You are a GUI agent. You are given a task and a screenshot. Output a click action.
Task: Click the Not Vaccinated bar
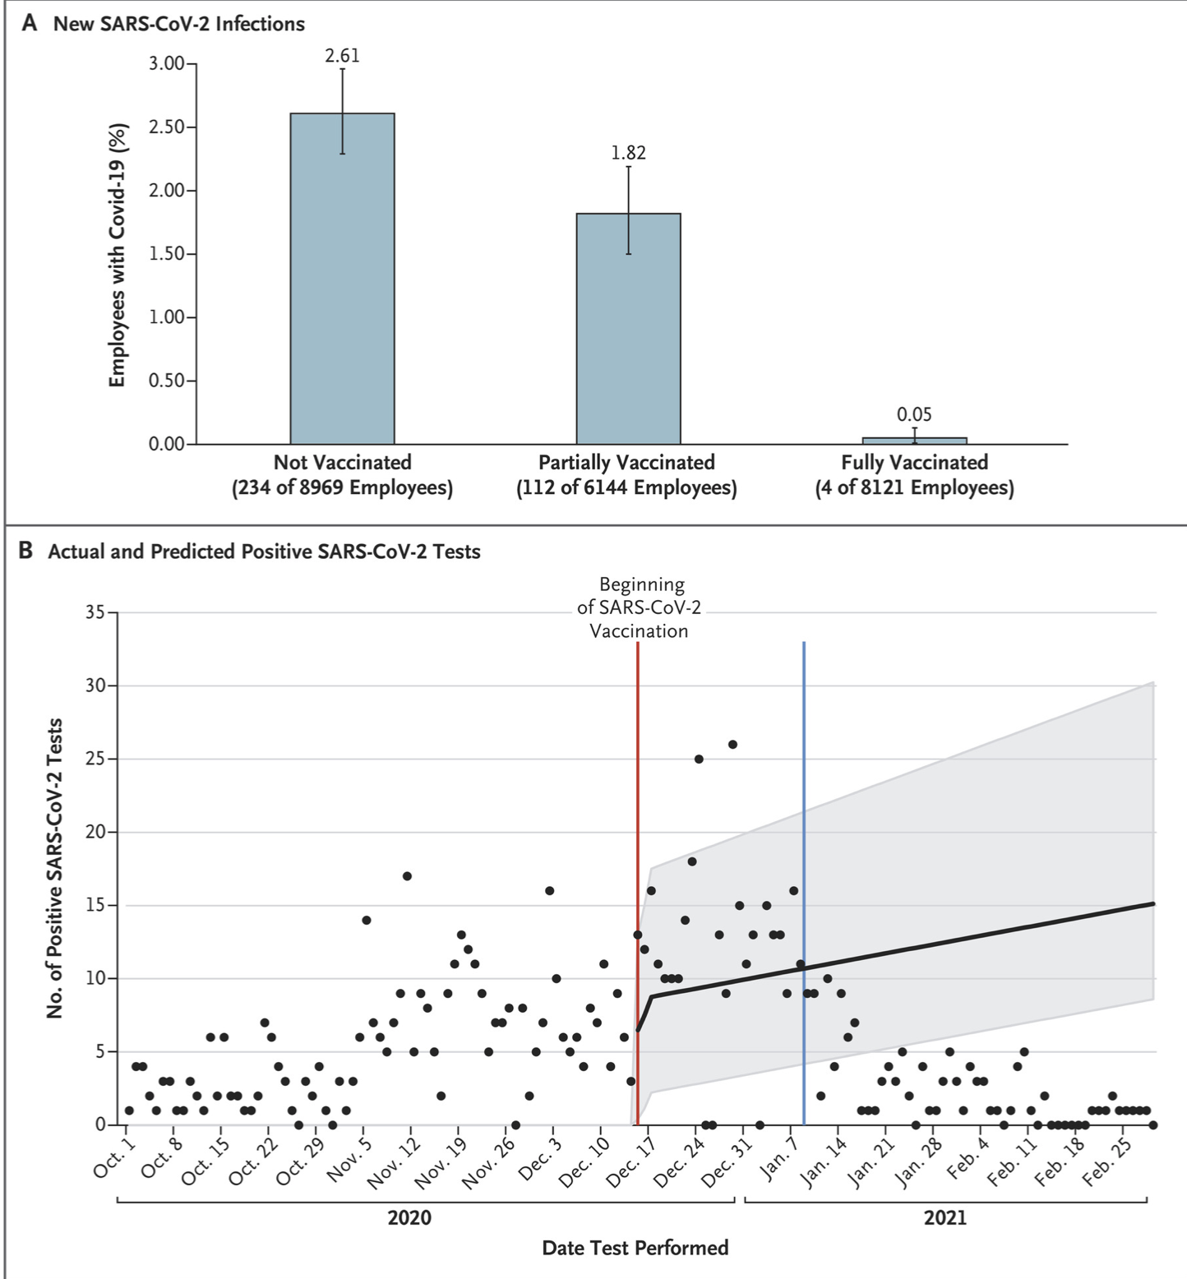[x=342, y=279]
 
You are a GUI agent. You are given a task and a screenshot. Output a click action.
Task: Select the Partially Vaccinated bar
[x=628, y=329]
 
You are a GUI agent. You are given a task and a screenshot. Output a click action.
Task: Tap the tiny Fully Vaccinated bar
[x=914, y=441]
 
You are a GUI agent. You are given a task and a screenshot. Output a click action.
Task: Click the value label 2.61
[x=342, y=56]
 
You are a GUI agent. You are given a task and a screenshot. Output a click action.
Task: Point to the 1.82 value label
[x=628, y=153]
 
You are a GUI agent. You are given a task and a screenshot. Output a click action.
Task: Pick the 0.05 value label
[x=914, y=414]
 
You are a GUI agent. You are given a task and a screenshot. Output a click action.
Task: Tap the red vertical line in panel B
[x=638, y=883]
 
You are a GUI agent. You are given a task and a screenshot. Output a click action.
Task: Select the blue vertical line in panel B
[x=804, y=883]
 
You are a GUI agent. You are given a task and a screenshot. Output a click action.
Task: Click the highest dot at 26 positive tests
[x=732, y=745]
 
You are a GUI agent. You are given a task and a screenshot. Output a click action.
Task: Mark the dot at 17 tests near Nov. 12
[x=407, y=876]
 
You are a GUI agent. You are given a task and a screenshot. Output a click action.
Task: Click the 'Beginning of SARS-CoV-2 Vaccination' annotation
[x=641, y=607]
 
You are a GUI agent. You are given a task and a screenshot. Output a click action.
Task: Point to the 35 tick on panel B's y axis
[x=95, y=613]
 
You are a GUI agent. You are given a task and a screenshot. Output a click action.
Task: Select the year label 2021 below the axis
[x=945, y=1217]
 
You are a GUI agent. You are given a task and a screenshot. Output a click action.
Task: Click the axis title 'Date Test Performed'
[x=635, y=1248]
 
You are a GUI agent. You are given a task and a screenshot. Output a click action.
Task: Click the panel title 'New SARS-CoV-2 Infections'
[x=179, y=24]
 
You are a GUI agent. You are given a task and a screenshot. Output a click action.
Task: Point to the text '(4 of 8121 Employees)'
[x=914, y=488]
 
